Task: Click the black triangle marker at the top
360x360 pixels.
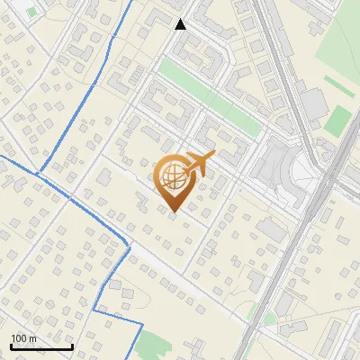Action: point(181,24)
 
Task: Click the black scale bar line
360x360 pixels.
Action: point(41,346)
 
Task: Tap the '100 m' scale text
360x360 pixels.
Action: point(24,338)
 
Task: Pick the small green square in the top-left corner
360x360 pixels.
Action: point(32,13)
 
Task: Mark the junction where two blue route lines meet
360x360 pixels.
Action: point(38,172)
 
